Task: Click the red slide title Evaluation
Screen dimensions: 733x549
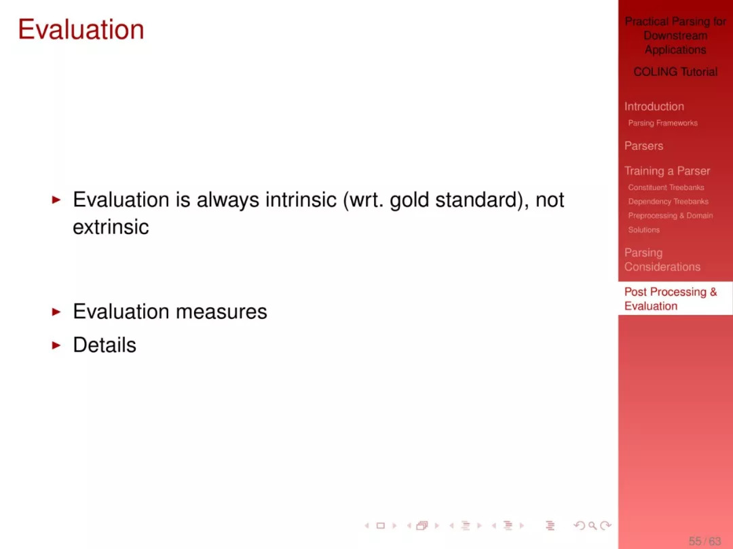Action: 81,29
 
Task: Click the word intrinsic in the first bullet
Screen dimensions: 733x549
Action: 301,200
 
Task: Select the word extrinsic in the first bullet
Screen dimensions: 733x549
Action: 111,227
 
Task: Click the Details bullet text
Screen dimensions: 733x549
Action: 105,345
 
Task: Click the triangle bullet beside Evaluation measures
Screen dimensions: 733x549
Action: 56,311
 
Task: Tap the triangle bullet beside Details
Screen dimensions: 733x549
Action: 56,345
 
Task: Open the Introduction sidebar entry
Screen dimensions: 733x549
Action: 654,107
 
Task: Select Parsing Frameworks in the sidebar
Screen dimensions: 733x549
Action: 662,123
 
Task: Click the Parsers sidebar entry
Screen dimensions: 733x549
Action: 643,146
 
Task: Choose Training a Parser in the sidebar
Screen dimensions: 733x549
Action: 667,171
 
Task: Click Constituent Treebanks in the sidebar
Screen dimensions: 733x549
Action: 666,187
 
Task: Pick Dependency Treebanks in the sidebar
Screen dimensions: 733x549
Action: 668,202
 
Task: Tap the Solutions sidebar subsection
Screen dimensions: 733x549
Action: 643,230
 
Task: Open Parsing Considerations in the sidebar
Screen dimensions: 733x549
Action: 662,260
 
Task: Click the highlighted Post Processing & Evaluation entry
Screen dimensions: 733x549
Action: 671,299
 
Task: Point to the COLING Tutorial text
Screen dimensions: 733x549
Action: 675,71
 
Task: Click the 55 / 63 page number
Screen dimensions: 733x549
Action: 704,541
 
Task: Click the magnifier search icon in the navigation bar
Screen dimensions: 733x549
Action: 593,526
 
